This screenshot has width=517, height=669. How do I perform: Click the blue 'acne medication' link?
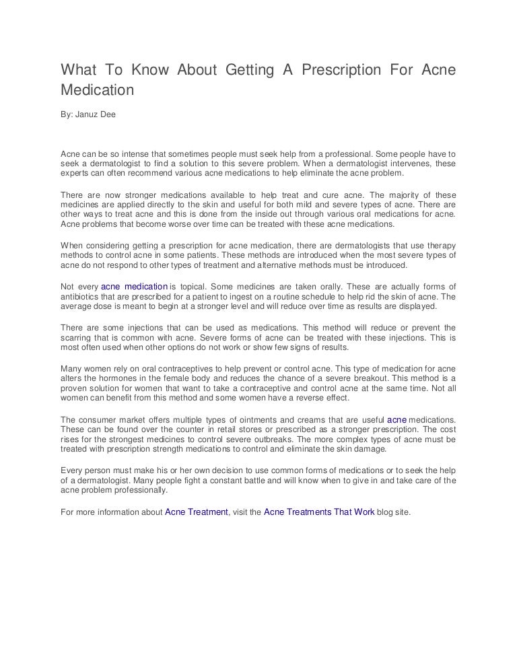[134, 287]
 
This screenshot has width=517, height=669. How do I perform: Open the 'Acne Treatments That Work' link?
[318, 512]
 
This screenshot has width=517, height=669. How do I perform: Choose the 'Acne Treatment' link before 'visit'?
[197, 512]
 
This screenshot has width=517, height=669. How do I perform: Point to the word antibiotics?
[83, 297]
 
